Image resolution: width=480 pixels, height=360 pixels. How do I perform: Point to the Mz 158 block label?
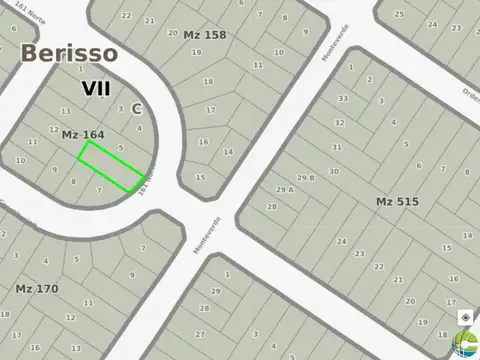205,35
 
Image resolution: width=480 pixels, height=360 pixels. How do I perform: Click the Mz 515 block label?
397,202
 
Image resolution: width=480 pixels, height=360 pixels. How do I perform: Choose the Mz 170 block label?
37,289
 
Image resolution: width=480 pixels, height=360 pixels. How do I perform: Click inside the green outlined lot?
110,165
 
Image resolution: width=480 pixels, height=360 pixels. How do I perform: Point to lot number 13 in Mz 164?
65,111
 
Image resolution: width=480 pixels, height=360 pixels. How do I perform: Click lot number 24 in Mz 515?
342,242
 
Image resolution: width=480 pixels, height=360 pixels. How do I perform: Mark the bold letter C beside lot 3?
136,108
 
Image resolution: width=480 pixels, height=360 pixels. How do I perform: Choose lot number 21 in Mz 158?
149,19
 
